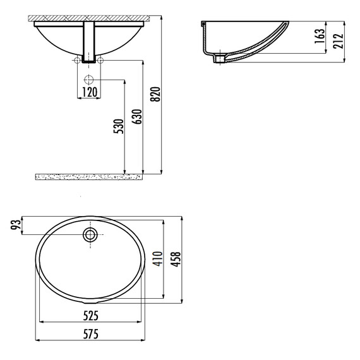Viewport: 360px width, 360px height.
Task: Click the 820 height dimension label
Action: (x=155, y=94)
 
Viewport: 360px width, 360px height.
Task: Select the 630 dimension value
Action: (x=137, y=117)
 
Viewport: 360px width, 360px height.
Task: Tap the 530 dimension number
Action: (x=119, y=126)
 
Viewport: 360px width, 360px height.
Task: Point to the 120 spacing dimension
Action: (x=90, y=92)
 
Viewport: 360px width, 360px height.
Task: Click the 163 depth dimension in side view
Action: (x=320, y=36)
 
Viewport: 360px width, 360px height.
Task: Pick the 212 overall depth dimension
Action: (x=338, y=41)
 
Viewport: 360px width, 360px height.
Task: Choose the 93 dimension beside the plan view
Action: (x=16, y=225)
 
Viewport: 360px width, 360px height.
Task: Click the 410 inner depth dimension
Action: (x=158, y=259)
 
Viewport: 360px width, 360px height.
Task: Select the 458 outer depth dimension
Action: (x=176, y=259)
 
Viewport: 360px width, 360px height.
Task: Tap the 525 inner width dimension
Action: (x=91, y=316)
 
